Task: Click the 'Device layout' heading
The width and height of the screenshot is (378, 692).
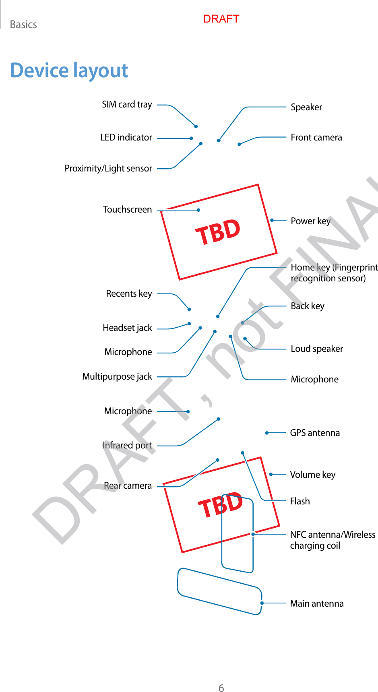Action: tap(69, 70)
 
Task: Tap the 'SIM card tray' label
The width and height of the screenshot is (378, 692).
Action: tap(127, 105)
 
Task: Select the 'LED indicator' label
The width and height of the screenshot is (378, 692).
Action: tap(126, 138)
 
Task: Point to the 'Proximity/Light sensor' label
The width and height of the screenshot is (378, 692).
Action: tap(108, 168)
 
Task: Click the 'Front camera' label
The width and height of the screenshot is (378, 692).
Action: tap(316, 138)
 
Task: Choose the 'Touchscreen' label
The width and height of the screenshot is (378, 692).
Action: tap(127, 210)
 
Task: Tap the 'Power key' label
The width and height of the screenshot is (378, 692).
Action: tap(310, 221)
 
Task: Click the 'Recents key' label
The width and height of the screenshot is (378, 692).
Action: tap(129, 294)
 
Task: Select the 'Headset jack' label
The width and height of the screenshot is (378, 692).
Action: tap(127, 328)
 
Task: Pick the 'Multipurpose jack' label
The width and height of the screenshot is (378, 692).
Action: tap(117, 377)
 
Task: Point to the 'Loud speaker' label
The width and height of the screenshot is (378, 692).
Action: tap(317, 349)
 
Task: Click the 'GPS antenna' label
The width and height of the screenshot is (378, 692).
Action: tap(315, 433)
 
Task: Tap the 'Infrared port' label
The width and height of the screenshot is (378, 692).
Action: tap(127, 446)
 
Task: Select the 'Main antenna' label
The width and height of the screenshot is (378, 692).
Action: tap(317, 604)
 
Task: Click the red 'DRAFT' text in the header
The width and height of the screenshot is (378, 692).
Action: tap(221, 19)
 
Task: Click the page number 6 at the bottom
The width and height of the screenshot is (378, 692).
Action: tap(221, 688)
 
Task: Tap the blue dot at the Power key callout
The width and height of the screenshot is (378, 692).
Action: tap(272, 220)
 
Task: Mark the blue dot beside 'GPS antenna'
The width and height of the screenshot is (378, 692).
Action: tap(266, 433)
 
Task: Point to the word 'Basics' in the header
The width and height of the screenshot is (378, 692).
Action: tap(23, 25)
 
